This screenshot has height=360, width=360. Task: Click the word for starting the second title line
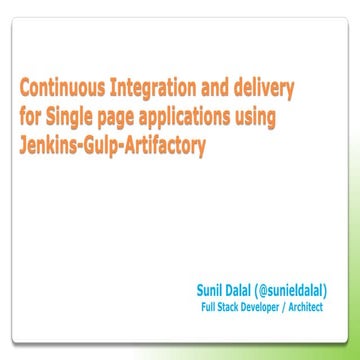tap(31, 116)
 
